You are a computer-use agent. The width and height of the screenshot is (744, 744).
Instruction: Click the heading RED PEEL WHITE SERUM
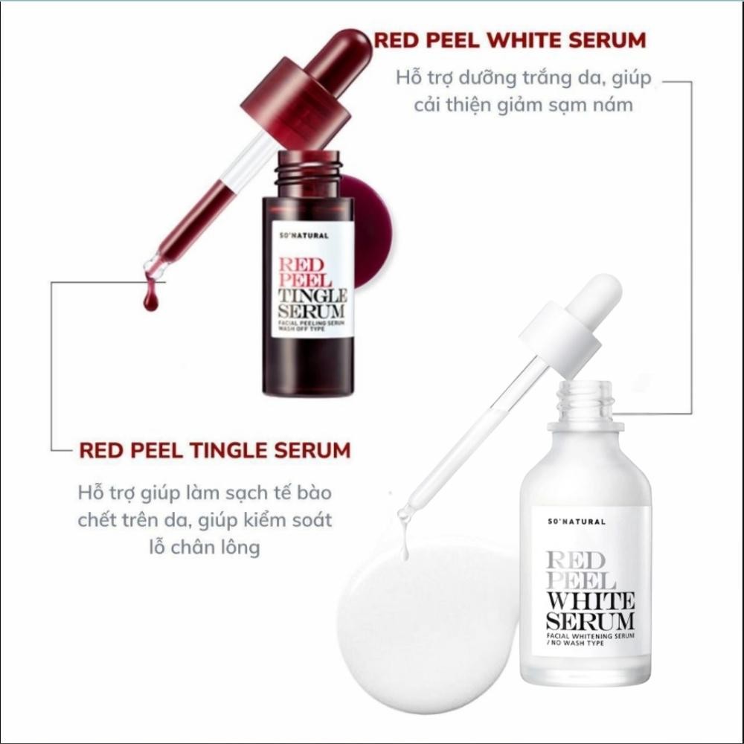(x=510, y=40)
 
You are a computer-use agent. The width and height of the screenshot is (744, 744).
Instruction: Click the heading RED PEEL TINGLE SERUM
(x=215, y=450)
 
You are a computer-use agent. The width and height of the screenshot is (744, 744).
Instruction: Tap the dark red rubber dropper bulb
(x=336, y=53)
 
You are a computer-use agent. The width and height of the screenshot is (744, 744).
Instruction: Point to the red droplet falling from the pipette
(x=150, y=299)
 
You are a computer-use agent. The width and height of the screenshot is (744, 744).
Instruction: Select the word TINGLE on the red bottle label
(x=312, y=295)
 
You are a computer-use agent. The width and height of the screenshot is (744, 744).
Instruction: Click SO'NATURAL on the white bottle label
(x=577, y=522)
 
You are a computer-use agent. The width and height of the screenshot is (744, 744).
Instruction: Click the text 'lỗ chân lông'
(x=205, y=547)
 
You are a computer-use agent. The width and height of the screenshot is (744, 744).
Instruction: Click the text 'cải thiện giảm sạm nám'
(x=523, y=104)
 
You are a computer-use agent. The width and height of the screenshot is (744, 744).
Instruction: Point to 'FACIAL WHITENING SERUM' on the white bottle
(x=590, y=635)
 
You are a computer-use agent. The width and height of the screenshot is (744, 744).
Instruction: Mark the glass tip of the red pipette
(x=155, y=266)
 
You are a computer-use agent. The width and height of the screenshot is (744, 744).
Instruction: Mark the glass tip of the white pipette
(x=405, y=513)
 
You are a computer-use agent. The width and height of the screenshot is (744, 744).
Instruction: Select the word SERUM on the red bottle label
(x=311, y=311)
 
